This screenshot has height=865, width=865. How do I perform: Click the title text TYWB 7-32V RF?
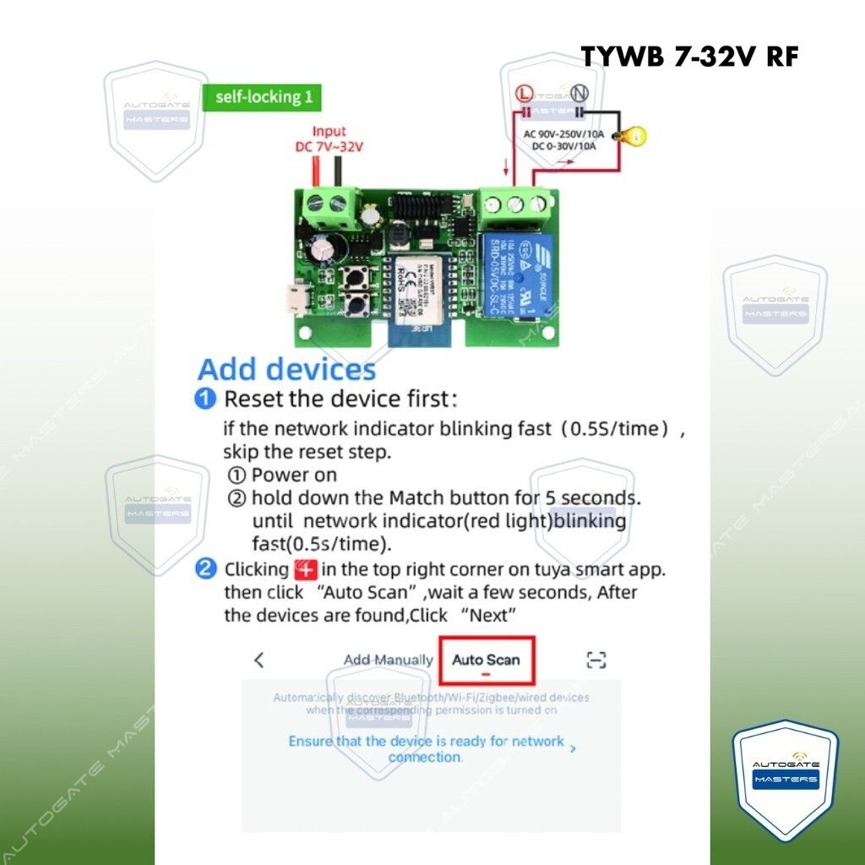[689, 56]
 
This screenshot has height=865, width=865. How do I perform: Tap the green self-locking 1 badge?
[263, 96]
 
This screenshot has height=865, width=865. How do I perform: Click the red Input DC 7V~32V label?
[329, 139]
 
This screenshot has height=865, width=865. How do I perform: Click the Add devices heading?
[286, 369]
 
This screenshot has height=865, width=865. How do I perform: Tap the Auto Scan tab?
[486, 660]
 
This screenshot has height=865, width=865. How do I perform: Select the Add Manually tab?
[388, 660]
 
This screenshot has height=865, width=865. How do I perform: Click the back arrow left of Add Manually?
[259, 660]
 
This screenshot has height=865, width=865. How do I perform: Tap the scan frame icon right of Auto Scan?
[597, 660]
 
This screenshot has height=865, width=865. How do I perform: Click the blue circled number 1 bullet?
[205, 399]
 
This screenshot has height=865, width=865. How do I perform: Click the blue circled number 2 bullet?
[205, 569]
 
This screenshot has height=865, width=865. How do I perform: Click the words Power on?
[294, 475]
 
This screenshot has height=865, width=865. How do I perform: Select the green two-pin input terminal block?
[329, 204]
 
